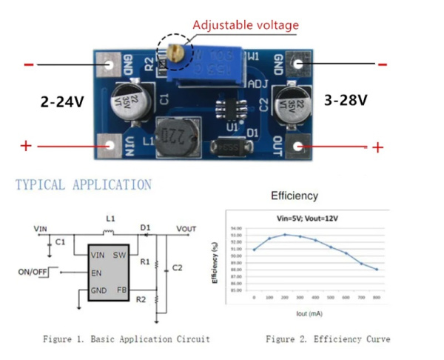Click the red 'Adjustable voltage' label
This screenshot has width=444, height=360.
coord(246,25)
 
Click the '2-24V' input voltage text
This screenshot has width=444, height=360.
coord(62,101)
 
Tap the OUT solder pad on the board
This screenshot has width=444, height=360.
coord(300,146)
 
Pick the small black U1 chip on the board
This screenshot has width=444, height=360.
coord(232,107)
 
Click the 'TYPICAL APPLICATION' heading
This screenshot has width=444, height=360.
coord(83,185)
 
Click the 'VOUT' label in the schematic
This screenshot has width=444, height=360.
coord(186,228)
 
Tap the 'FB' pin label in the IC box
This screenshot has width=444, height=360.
coord(121,289)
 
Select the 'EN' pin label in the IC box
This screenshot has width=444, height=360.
coord(96,272)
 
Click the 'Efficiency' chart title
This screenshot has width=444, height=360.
coord(295,196)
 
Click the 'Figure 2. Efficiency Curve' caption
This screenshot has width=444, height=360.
coord(328,339)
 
